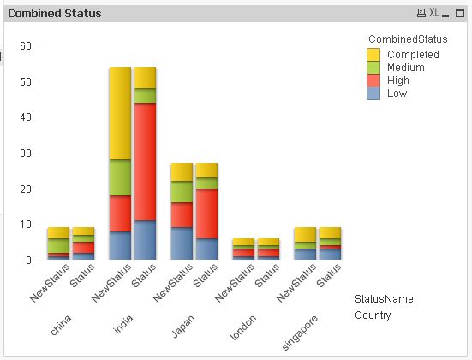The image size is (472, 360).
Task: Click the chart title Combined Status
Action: [54, 14]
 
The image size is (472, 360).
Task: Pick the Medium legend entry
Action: [405, 68]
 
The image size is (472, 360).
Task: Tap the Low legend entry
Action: [397, 93]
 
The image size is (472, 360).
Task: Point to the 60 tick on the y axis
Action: [26, 46]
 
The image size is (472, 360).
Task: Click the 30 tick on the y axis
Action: [26, 153]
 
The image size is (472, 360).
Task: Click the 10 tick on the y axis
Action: [26, 225]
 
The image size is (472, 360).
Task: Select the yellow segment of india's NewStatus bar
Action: [120, 113]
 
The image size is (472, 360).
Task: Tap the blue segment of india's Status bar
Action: [144, 240]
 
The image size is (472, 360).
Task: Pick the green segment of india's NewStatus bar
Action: [120, 177]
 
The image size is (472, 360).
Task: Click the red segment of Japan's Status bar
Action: [206, 213]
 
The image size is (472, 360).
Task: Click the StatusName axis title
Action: [384, 299]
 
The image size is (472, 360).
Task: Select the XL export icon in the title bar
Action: [433, 14]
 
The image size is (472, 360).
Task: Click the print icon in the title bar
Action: [421, 14]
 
